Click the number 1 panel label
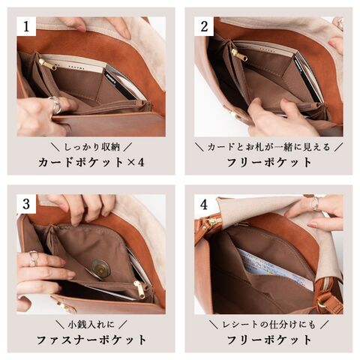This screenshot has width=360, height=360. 26,26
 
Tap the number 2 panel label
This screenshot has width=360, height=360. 204,26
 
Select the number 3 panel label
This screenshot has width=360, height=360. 26,204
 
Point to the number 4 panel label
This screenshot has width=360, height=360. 204,205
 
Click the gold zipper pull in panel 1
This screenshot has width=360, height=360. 48,65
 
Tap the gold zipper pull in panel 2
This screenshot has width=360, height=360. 239,55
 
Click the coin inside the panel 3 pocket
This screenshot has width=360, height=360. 100,269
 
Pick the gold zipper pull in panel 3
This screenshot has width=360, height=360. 139,289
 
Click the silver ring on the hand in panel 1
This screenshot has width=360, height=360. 55,104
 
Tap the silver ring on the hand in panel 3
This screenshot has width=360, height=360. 33,258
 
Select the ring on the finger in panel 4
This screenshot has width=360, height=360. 315,204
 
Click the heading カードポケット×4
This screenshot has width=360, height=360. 91,163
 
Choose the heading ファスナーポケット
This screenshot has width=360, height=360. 91,340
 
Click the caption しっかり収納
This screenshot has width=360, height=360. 92,147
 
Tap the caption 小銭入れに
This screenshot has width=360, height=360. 91,325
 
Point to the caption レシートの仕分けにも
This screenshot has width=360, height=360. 269,325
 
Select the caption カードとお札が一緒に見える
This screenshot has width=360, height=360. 269,147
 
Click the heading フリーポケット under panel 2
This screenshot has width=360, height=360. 269,163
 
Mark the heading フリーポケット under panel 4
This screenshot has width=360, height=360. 269,340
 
